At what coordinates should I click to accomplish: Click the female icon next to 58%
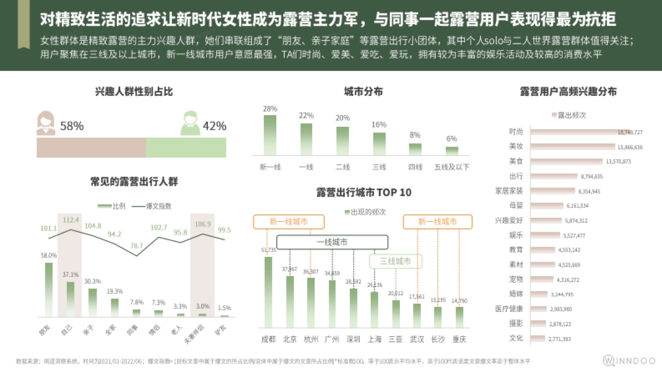click(x=45, y=123)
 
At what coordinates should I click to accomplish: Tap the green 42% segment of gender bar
click(x=186, y=148)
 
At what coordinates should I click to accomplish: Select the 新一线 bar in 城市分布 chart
click(x=270, y=135)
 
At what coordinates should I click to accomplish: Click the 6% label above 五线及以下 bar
click(x=452, y=138)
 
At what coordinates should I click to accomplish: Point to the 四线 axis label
click(x=415, y=167)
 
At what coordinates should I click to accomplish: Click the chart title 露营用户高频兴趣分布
click(x=568, y=92)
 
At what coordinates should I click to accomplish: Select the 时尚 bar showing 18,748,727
click(x=574, y=132)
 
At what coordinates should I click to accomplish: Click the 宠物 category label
click(x=516, y=279)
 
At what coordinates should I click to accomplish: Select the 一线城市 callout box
click(x=332, y=242)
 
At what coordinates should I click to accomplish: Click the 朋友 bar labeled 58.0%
click(x=49, y=289)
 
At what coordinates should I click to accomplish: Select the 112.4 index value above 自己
click(x=71, y=220)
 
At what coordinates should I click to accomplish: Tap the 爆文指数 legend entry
click(x=151, y=206)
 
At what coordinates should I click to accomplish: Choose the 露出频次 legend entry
click(x=568, y=115)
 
